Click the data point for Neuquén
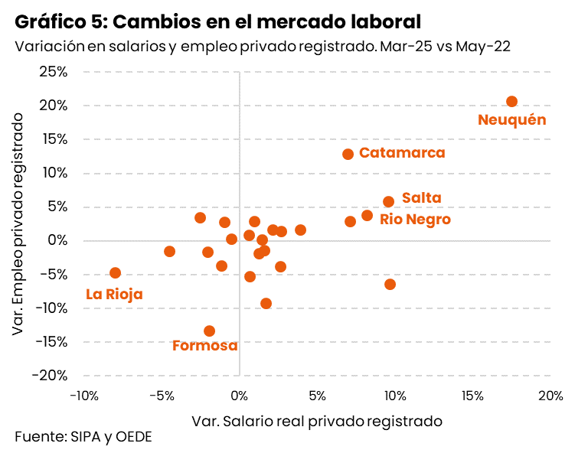click(511, 102)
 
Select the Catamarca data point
click(348, 154)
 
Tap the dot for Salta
click(388, 201)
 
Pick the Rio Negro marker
click(367, 216)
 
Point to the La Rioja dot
click(115, 272)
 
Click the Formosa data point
click(209, 331)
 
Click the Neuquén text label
click(511, 120)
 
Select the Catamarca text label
click(401, 153)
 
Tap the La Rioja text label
click(114, 294)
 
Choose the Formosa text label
click(204, 346)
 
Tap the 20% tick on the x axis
click(550, 396)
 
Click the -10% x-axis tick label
click(83, 396)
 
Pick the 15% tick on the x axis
click(472, 396)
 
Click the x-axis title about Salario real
click(317, 421)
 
